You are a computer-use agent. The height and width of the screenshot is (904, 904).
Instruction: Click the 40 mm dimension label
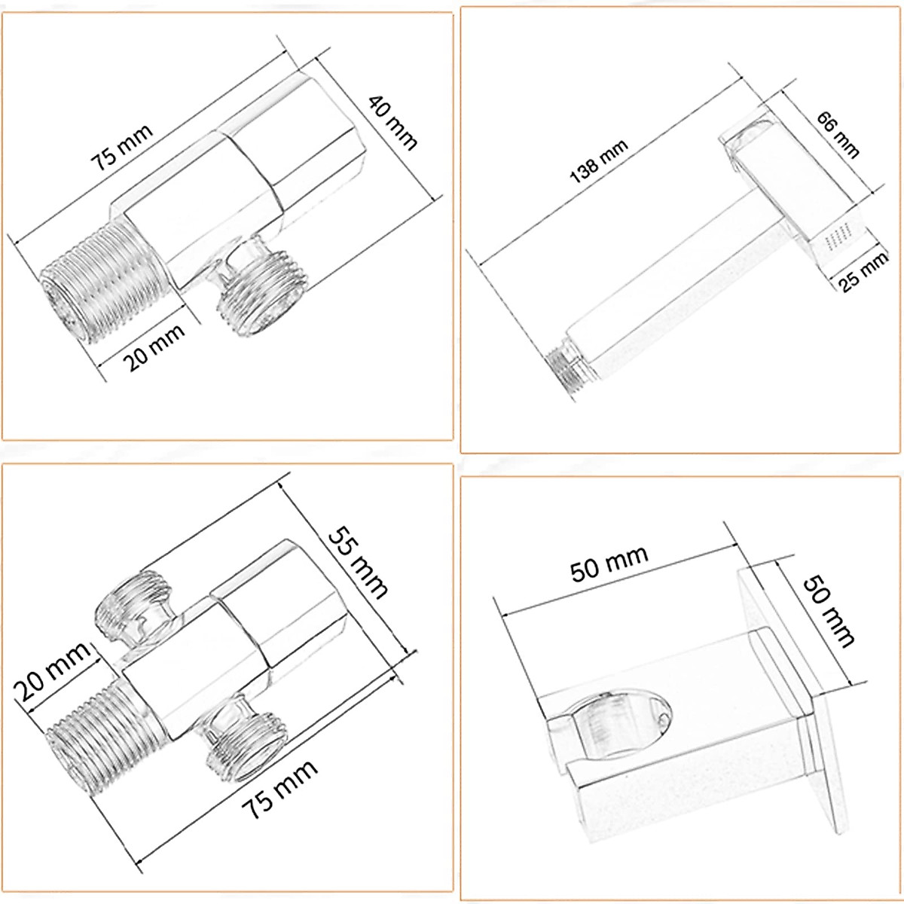point(392,123)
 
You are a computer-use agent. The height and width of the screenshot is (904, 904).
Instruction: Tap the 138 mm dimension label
point(599,162)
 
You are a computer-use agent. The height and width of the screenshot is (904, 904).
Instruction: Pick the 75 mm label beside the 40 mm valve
point(123,148)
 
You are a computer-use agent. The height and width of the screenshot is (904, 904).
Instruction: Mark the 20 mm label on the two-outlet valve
point(52,671)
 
